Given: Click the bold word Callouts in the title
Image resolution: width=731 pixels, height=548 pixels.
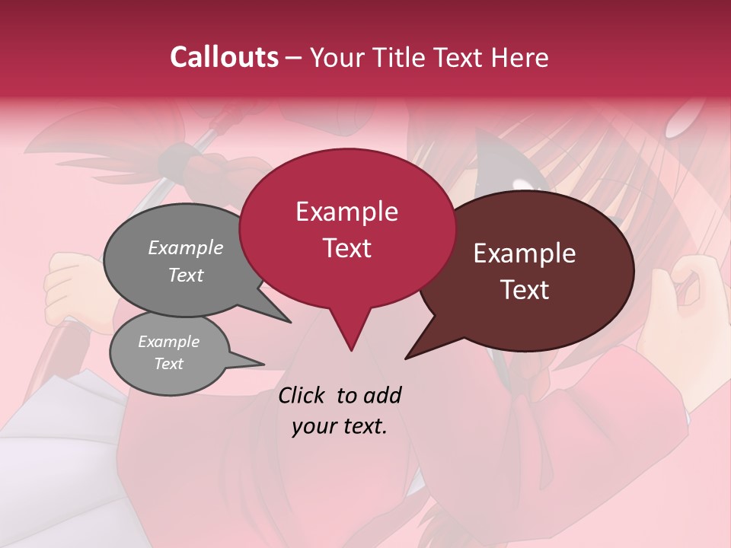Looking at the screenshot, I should click(224, 57).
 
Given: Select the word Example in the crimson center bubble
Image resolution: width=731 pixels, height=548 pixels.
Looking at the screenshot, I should click(346, 212).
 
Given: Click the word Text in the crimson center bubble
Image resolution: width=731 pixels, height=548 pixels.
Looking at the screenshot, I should click(346, 248).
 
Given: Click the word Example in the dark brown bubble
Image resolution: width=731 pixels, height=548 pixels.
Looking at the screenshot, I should click(525, 253).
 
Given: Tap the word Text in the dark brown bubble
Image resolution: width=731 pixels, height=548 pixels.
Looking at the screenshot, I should click(525, 290).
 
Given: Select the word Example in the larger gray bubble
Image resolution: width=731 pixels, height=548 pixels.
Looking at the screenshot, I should click(185, 247).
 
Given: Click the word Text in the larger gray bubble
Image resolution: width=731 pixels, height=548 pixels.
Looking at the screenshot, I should click(185, 275).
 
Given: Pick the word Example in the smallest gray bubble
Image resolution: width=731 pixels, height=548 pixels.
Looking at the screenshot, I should click(168, 342).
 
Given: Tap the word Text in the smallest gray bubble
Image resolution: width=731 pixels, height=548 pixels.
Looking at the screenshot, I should click(168, 364).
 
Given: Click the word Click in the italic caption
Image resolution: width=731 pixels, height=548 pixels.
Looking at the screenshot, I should click(303, 395).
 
